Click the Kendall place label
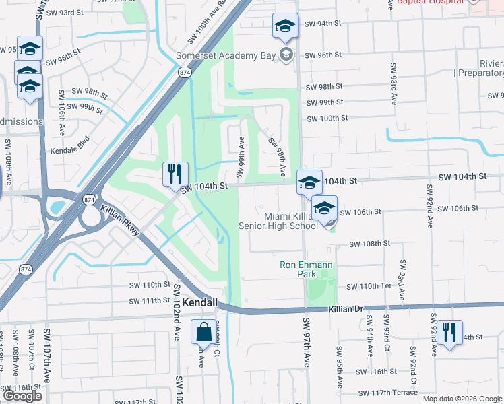click(199, 304)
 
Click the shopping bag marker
click(203, 332)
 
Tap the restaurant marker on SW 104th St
click(175, 174)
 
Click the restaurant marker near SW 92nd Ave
click(449, 332)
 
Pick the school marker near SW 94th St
click(285, 26)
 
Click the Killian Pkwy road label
click(120, 221)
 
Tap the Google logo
click(22, 396)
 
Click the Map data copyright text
click(463, 399)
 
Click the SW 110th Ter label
click(369, 287)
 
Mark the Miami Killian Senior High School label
click(278, 221)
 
